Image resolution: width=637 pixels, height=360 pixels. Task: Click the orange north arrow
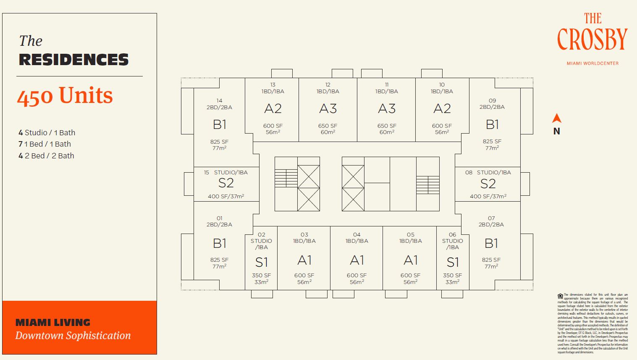[x=557, y=118]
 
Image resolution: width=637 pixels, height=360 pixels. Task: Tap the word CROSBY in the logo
[x=592, y=39]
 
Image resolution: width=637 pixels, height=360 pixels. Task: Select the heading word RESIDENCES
[x=74, y=60]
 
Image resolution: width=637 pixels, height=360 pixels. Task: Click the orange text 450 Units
[x=65, y=95]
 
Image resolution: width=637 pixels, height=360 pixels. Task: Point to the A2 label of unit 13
[x=273, y=109]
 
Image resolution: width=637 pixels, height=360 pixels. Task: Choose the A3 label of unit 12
[x=328, y=109]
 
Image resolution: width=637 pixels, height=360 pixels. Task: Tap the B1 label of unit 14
[x=220, y=124]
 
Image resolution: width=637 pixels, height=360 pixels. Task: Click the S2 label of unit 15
[x=226, y=183]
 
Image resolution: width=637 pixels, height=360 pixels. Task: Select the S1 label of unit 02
[x=261, y=263]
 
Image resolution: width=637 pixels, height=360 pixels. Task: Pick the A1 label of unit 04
[x=357, y=260]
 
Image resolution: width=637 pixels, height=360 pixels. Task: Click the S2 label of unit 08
[x=488, y=184]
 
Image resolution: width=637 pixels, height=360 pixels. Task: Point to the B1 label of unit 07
[x=491, y=243]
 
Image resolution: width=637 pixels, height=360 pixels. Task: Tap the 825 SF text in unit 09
[x=492, y=142]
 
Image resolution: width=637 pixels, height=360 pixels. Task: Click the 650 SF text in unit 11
[x=387, y=126]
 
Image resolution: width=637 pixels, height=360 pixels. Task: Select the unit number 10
[x=442, y=85]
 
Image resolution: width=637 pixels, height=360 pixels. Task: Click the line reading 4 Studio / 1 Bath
[x=47, y=133]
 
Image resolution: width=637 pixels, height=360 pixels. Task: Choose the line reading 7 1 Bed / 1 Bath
[x=45, y=144]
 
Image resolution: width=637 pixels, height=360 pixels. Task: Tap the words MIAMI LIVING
[x=53, y=323]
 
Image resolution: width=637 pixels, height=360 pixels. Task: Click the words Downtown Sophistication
[x=73, y=336]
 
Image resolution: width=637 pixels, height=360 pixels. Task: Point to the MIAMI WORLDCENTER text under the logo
[x=592, y=63]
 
